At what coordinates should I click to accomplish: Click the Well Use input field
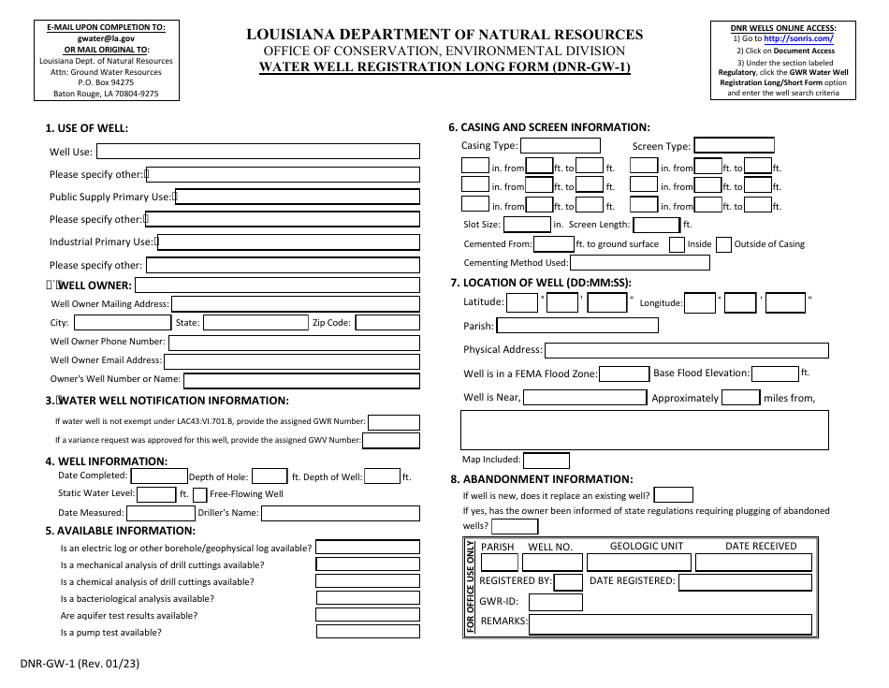point(258,152)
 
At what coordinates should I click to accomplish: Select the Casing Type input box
point(560,145)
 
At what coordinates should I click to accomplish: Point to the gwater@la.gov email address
point(103,40)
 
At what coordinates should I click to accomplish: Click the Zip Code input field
point(387,322)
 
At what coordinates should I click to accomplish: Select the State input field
point(255,322)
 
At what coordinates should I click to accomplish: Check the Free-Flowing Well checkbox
point(199,494)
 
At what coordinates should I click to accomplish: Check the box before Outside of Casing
point(723,244)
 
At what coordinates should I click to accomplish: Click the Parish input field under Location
point(576,326)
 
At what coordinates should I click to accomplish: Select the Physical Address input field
point(686,350)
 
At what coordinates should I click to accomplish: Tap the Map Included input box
point(546,460)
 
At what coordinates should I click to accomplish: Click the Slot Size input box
point(527,225)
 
